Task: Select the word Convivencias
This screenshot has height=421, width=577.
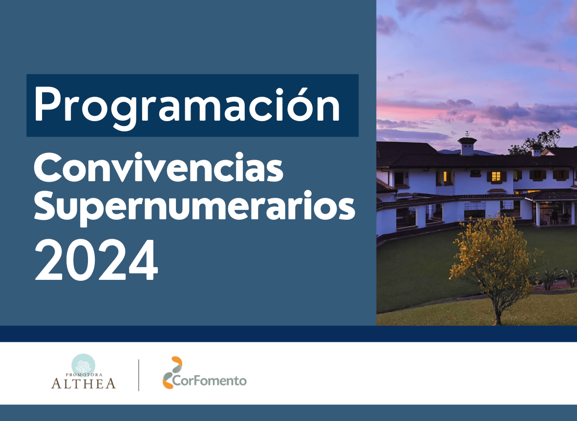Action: (x=159, y=168)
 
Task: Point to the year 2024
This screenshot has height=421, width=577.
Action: (x=96, y=260)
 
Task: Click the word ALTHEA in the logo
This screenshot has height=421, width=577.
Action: (x=83, y=383)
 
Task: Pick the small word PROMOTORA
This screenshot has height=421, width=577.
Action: (x=84, y=375)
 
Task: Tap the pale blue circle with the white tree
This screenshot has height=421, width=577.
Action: (x=83, y=365)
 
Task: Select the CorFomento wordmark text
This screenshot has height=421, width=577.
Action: (x=210, y=380)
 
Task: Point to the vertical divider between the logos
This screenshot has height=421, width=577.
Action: (x=139, y=375)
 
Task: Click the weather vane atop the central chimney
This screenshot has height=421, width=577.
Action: (x=467, y=134)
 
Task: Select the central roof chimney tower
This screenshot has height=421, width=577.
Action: (x=468, y=146)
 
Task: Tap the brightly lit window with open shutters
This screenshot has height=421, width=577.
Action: (x=496, y=177)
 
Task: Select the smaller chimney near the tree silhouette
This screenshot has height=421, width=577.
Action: (x=536, y=149)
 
